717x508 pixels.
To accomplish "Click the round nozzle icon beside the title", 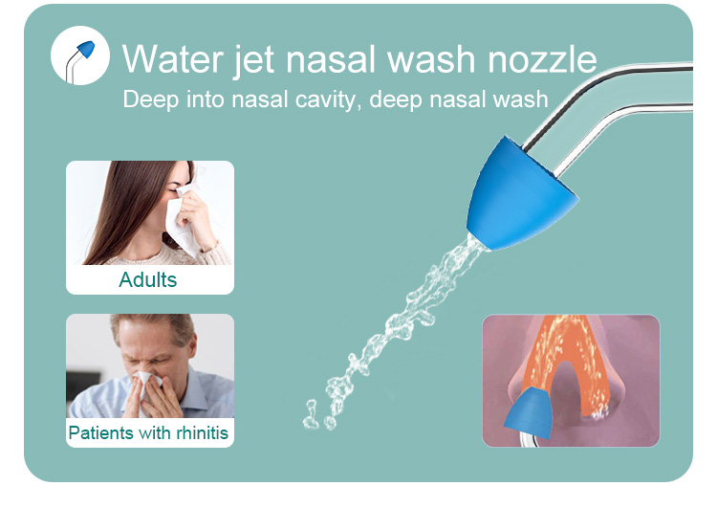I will point(80,55).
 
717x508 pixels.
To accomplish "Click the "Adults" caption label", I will point(148,279).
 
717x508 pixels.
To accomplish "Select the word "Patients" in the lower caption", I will point(100,432).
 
